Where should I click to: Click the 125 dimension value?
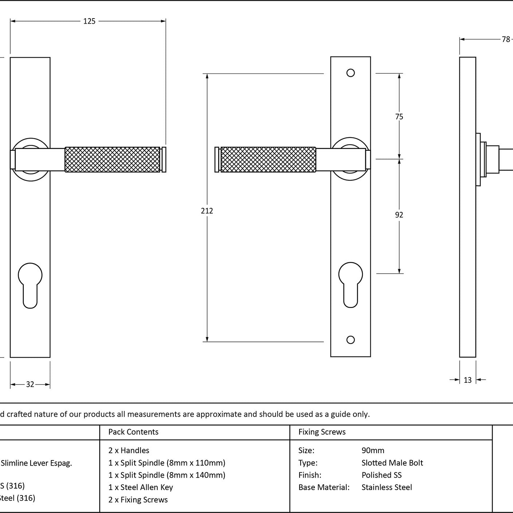pyautogui.click(x=89, y=21)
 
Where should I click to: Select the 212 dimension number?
pyautogui.click(x=207, y=211)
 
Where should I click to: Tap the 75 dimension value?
pyautogui.click(x=399, y=117)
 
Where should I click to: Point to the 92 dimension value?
pyautogui.click(x=399, y=215)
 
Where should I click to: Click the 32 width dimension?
pyautogui.click(x=30, y=384)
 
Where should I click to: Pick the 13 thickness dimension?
pyautogui.click(x=468, y=380)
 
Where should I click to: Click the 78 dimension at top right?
pyautogui.click(x=506, y=39)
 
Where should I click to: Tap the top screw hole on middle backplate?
pyautogui.click(x=351, y=73)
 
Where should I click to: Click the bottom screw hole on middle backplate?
pyautogui.click(x=351, y=340)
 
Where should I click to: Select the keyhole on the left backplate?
pyautogui.click(x=30, y=285)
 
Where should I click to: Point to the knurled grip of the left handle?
pyautogui.click(x=112, y=159)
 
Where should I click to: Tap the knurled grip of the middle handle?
pyautogui.click(x=268, y=159)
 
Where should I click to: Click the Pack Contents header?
pyautogui.click(x=134, y=432)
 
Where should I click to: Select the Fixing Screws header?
pyautogui.click(x=322, y=432)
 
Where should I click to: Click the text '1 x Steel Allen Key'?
pyautogui.click(x=140, y=487)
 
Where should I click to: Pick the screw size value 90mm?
pyautogui.click(x=373, y=451)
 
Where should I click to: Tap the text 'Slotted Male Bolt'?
pyautogui.click(x=392, y=463)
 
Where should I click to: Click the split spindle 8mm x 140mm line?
pyautogui.click(x=167, y=475)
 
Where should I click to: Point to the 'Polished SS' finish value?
pyautogui.click(x=382, y=475)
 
